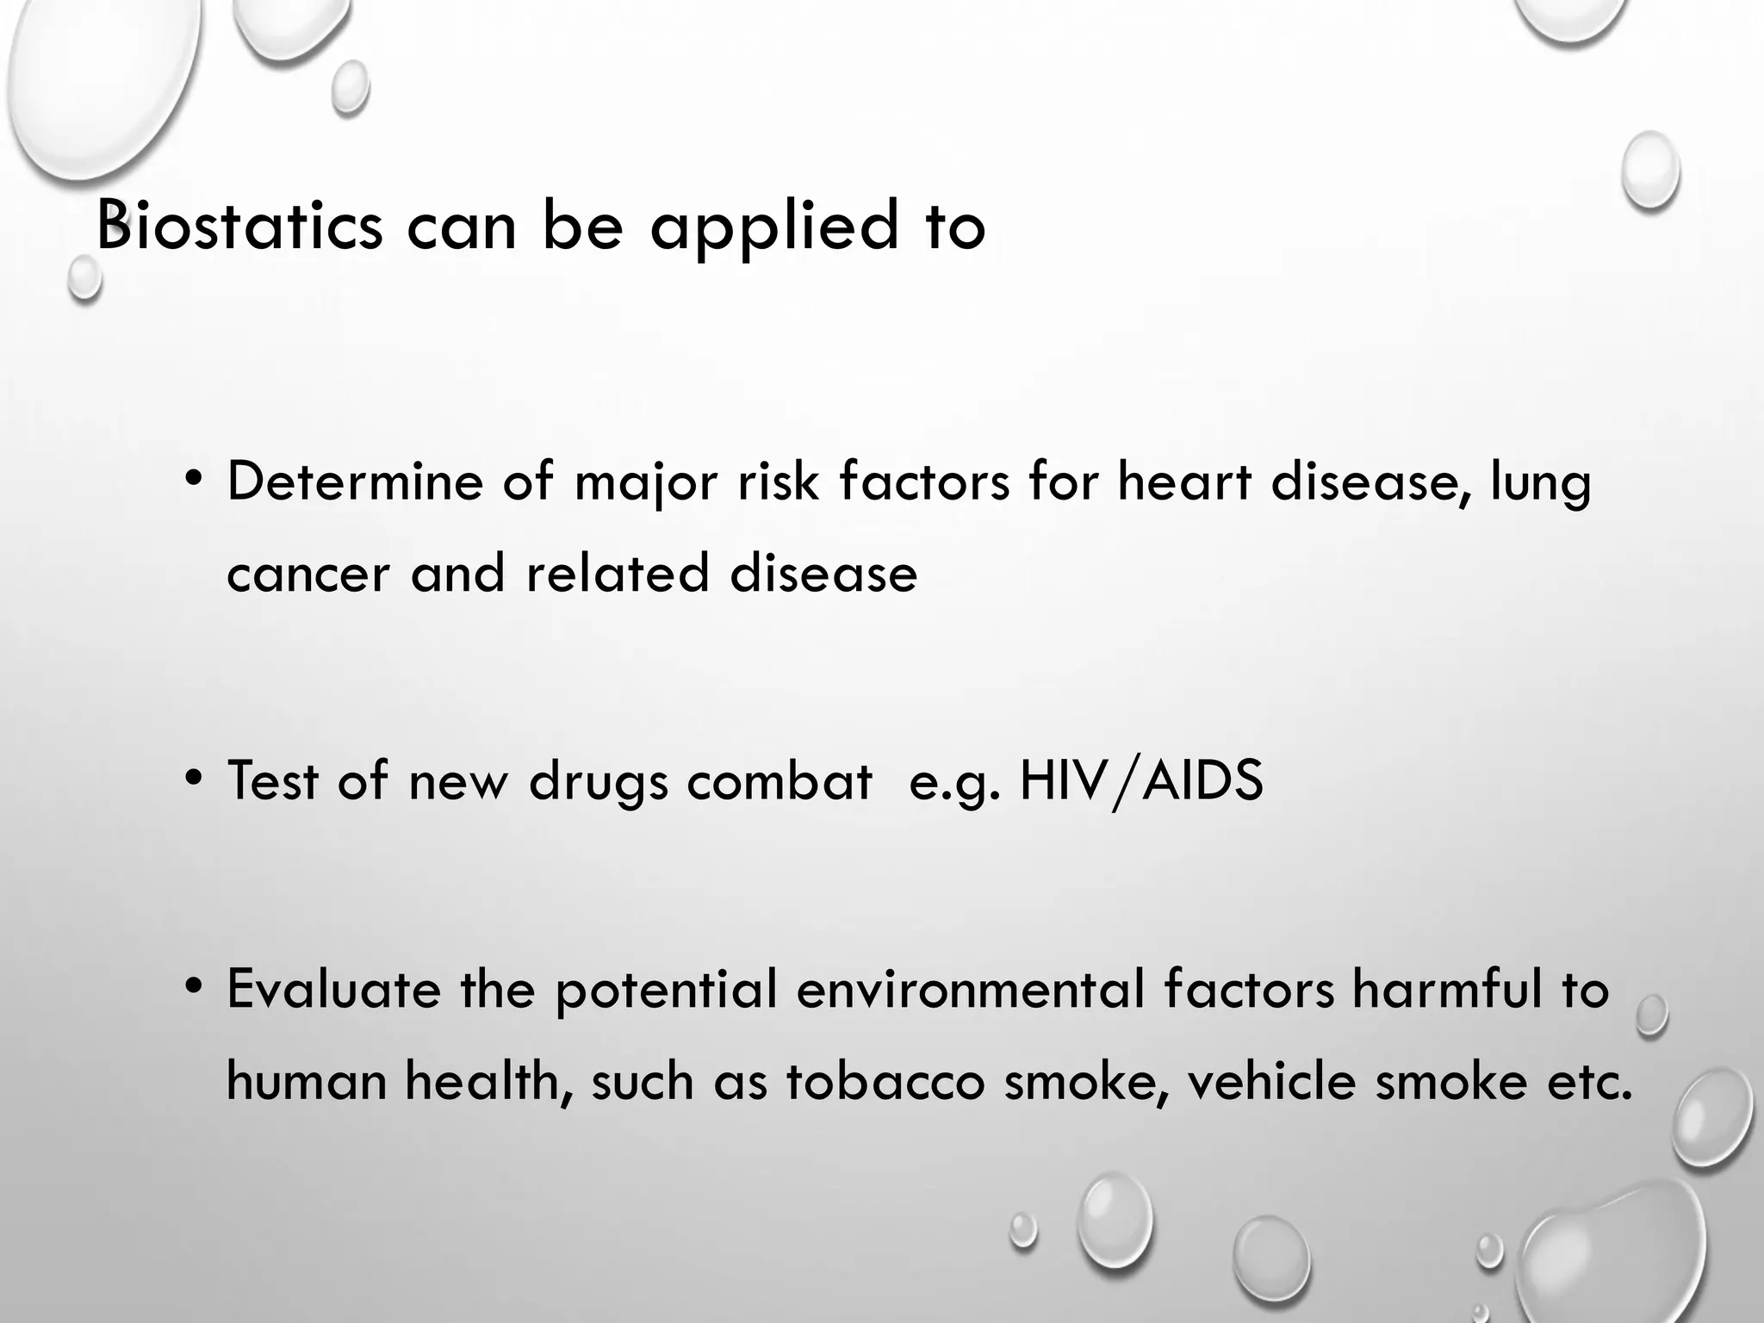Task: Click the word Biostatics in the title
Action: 239,226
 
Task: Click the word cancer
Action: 308,573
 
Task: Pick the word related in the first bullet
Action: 617,573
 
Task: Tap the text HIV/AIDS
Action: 1140,781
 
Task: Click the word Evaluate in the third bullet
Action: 333,988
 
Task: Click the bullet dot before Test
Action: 195,779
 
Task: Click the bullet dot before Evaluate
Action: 195,985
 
